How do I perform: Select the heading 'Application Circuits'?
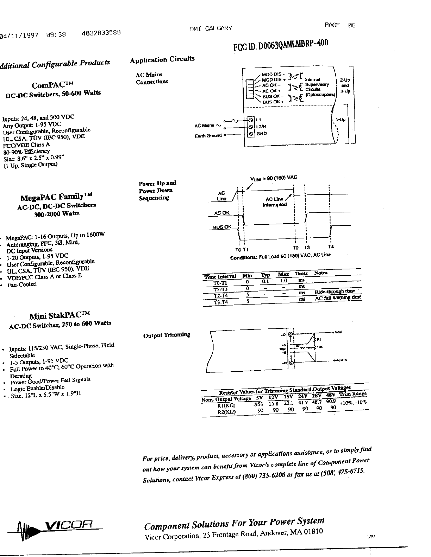point(162,59)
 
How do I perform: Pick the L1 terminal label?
point(258,119)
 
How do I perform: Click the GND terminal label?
point(261,134)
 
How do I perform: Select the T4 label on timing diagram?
point(330,247)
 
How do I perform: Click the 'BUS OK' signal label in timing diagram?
point(222,227)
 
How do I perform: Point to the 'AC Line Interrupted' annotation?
point(275,202)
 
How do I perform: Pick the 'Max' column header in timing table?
point(283,274)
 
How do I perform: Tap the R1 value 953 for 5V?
point(258,404)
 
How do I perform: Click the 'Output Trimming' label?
point(167,335)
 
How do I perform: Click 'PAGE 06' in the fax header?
point(340,25)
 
